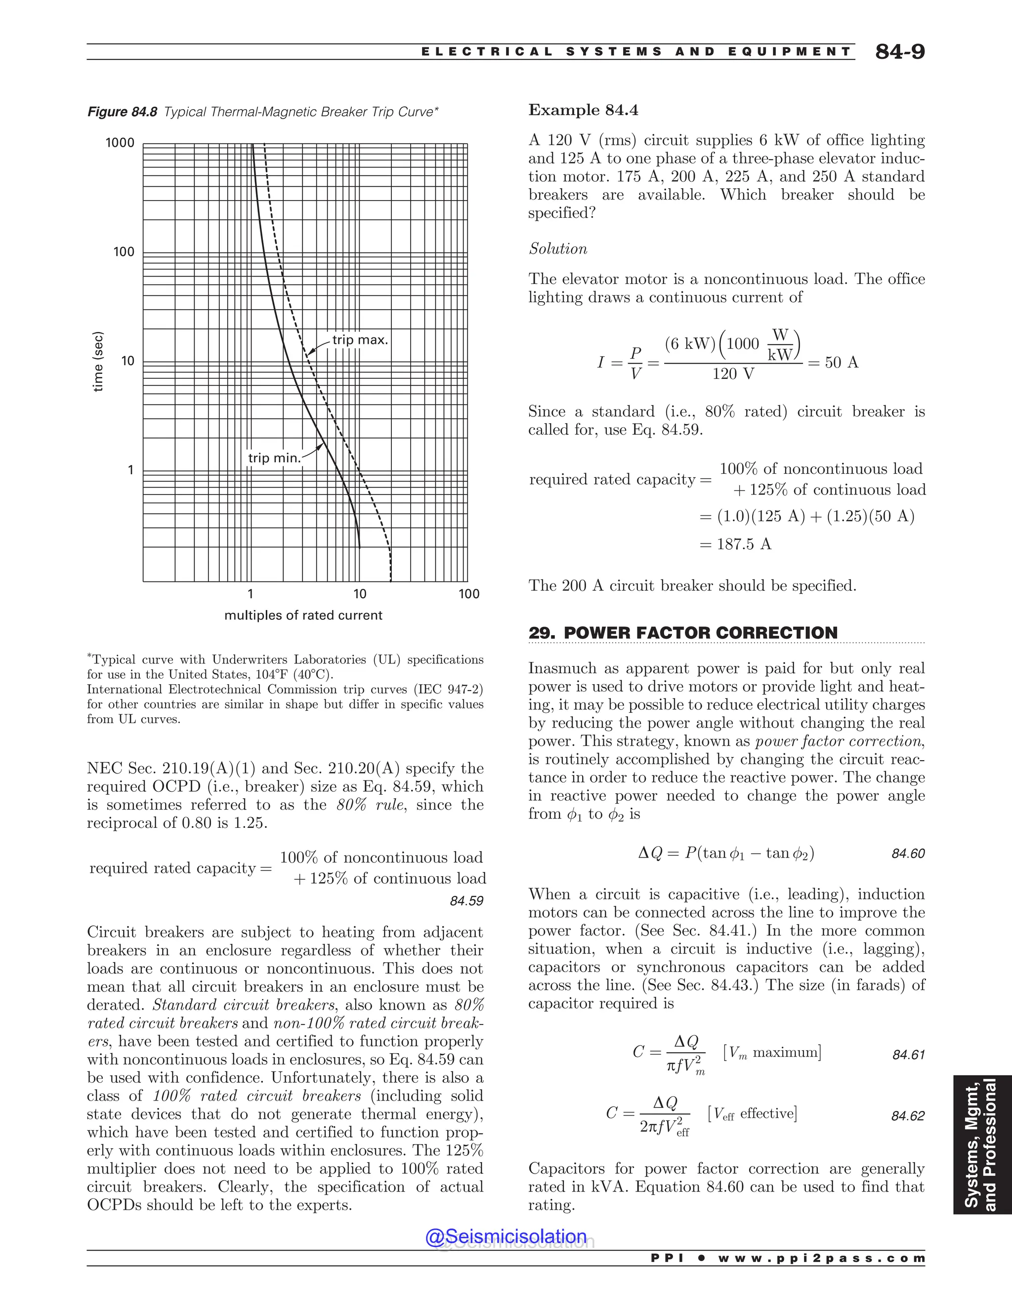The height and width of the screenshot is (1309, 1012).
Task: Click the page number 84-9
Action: click(899, 52)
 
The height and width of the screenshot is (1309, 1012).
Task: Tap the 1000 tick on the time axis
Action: click(120, 143)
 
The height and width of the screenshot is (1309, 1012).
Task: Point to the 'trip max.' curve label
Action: click(360, 340)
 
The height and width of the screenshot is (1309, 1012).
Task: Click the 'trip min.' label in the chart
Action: click(273, 458)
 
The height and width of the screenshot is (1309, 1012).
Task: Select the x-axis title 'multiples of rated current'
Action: click(303, 615)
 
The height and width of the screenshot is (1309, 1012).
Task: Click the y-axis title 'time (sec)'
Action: click(99, 362)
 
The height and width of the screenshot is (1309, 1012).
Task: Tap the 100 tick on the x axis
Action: click(469, 594)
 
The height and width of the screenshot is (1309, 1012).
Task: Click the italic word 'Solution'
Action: click(557, 249)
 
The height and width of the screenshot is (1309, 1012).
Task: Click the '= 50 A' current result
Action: click(833, 363)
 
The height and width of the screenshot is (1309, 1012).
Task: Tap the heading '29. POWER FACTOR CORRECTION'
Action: click(683, 633)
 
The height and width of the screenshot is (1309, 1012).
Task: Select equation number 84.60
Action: click(908, 854)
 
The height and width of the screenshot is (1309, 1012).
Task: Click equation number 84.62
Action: click(908, 1116)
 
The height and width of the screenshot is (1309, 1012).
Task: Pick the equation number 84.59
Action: click(466, 901)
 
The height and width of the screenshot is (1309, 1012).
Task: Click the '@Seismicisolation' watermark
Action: click(506, 1237)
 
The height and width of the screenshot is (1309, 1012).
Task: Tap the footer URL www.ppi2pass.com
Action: click(821, 1259)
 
